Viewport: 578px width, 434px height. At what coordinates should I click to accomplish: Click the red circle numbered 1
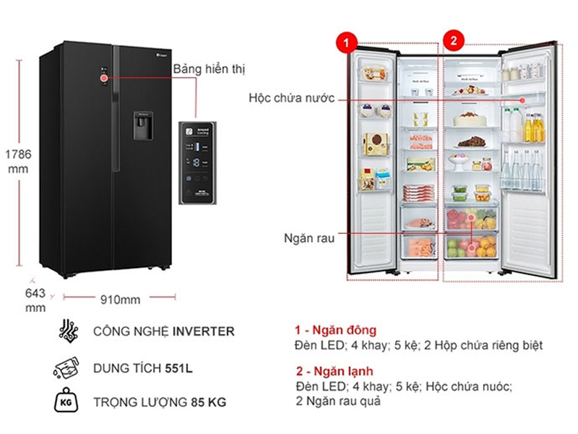348,42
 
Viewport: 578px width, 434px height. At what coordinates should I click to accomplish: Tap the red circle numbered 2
453,42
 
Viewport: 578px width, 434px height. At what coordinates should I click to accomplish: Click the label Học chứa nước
292,98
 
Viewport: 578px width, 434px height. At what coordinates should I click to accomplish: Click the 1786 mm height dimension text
17,162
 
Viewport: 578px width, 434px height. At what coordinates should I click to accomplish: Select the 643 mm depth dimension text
35,300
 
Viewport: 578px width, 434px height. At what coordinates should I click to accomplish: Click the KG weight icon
67,402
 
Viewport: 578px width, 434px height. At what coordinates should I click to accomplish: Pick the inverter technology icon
67,331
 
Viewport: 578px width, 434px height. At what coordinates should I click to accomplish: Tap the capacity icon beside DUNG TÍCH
67,368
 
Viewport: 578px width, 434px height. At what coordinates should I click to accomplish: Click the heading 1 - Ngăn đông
335,330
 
